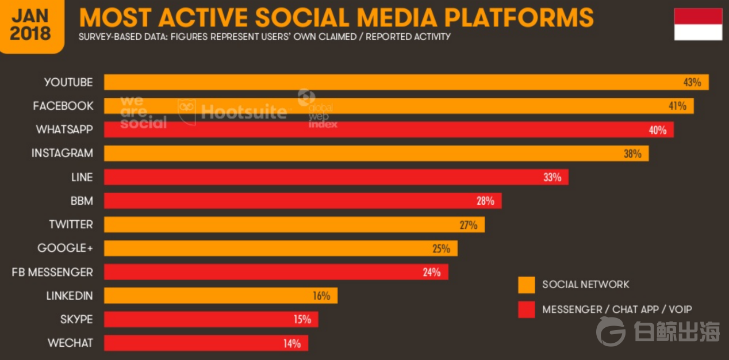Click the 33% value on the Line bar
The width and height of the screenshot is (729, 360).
point(552,177)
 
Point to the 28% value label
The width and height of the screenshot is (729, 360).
point(485,201)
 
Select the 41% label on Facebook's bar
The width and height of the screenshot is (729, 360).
point(677,106)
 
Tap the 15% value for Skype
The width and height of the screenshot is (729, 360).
point(302,319)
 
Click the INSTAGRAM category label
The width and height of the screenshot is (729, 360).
point(62,154)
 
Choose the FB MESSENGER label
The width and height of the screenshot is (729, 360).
point(52,272)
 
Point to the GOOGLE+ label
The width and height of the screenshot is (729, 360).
point(65,248)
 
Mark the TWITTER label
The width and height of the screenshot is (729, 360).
point(71,224)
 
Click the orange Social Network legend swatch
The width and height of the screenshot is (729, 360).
point(527,285)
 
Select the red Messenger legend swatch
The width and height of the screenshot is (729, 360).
point(527,309)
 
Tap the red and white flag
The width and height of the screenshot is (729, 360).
point(698,24)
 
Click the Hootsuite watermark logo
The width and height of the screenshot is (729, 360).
point(232,110)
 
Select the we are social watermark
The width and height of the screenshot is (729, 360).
point(143,113)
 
